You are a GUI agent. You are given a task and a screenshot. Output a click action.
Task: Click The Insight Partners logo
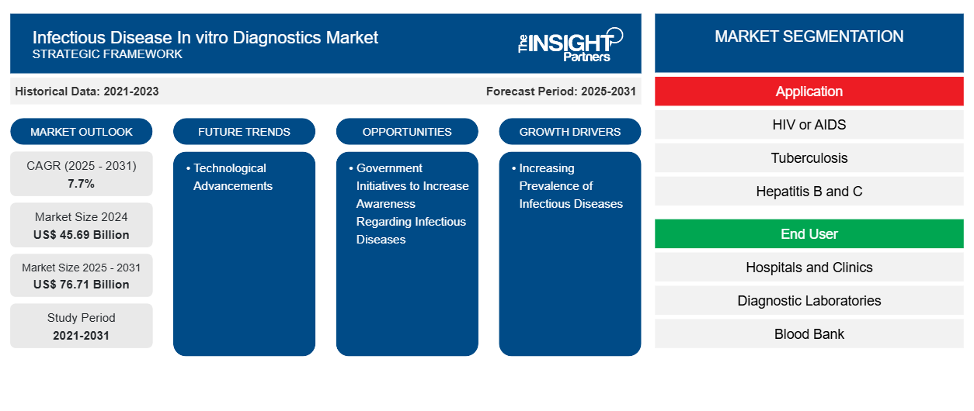[x=570, y=43]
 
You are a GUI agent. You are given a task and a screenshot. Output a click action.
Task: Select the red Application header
[x=809, y=92]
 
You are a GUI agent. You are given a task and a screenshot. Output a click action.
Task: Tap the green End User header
[x=809, y=234]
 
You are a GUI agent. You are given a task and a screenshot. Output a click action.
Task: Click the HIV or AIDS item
[x=809, y=125]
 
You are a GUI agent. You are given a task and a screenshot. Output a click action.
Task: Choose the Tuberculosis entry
[x=809, y=158]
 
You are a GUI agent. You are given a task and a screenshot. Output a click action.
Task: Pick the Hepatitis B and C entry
[x=809, y=192]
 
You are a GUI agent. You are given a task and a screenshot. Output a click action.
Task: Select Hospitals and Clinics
[x=809, y=268]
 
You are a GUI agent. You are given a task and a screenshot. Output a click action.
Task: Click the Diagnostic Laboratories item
[x=809, y=301]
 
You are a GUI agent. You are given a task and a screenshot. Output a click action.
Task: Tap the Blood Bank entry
[x=809, y=334]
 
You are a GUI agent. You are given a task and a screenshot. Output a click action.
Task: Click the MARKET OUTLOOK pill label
[x=82, y=132]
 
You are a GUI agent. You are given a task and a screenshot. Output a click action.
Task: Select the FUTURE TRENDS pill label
[x=244, y=132]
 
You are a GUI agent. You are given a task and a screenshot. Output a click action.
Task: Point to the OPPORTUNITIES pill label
[x=407, y=132]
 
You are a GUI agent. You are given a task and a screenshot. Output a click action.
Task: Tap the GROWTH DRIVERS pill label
[x=570, y=132]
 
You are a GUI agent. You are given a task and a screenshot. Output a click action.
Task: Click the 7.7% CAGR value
[x=82, y=184]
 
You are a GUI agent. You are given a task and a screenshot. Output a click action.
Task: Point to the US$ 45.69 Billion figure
[x=82, y=235]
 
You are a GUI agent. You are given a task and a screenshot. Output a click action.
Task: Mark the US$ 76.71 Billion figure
[x=82, y=285]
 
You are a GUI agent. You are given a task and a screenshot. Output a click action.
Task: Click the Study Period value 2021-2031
[x=82, y=336]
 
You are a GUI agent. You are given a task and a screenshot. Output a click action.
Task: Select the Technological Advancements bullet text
[x=232, y=177]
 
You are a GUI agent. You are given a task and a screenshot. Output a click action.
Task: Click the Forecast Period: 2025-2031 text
[x=561, y=92]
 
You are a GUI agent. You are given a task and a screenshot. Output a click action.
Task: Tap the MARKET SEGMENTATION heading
[x=809, y=36]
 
